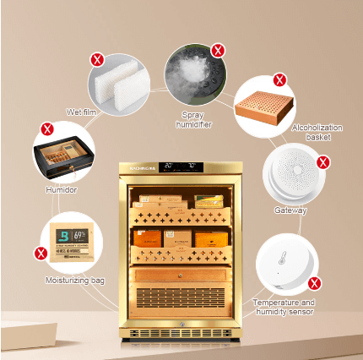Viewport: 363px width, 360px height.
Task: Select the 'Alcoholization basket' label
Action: pyautogui.click(x=317, y=131)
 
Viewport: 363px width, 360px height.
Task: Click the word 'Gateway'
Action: pyautogui.click(x=290, y=210)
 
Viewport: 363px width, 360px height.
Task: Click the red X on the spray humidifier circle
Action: pyautogui.click(x=218, y=51)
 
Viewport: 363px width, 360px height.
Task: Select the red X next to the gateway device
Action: pyautogui.click(x=322, y=161)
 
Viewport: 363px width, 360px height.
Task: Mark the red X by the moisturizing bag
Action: pyautogui.click(x=40, y=253)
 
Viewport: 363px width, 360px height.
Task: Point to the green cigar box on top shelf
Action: pyautogui.click(x=209, y=202)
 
